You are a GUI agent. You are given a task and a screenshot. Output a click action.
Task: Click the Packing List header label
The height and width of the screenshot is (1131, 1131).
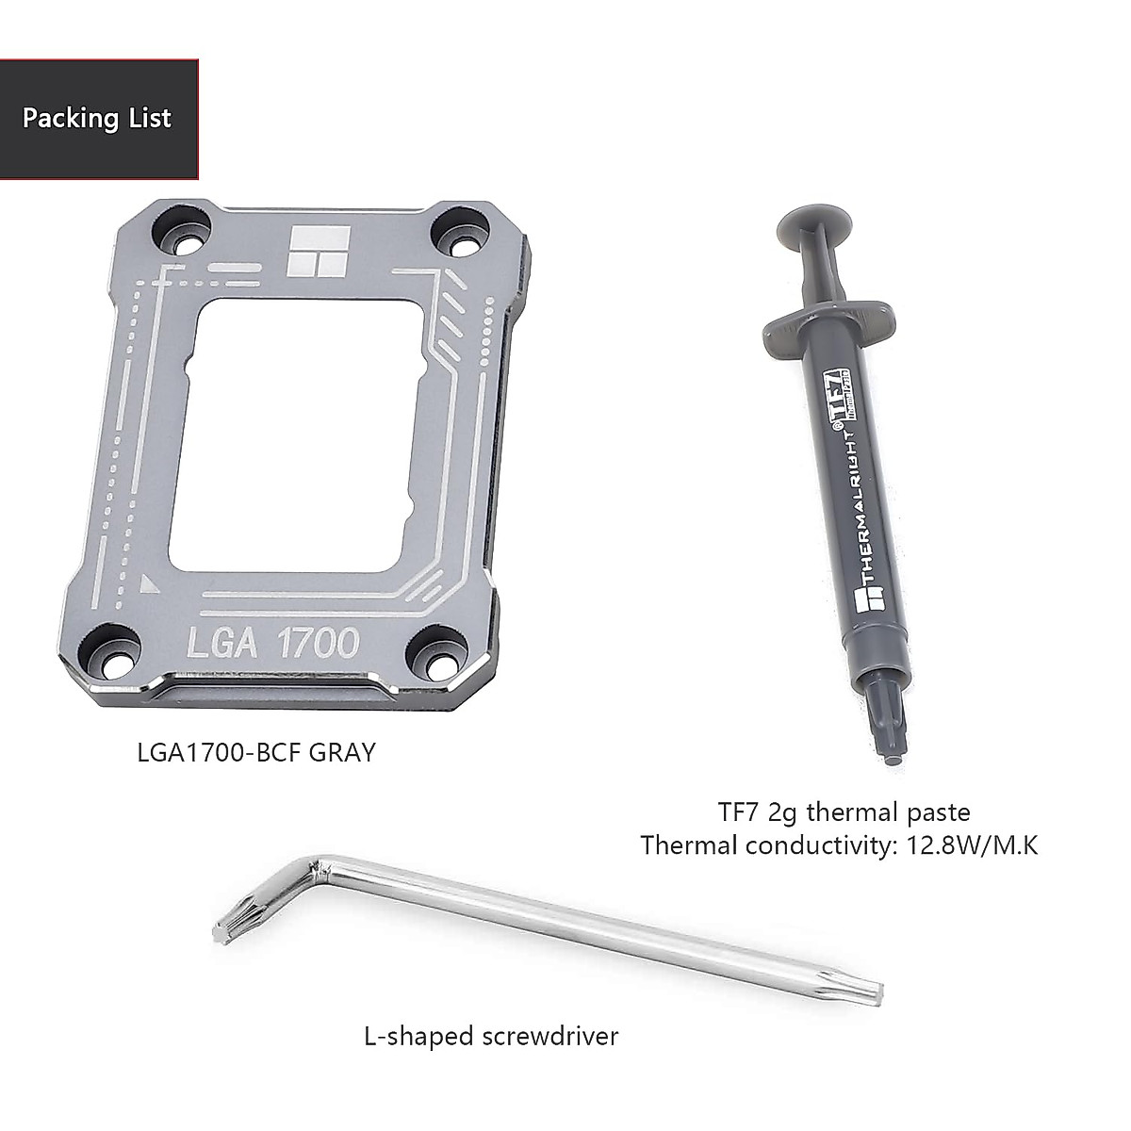coord(97,119)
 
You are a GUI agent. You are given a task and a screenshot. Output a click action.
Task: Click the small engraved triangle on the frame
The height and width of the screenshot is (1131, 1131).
coord(148,584)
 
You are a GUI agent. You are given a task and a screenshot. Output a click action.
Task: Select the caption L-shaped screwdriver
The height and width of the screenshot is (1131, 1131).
coord(491,1037)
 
